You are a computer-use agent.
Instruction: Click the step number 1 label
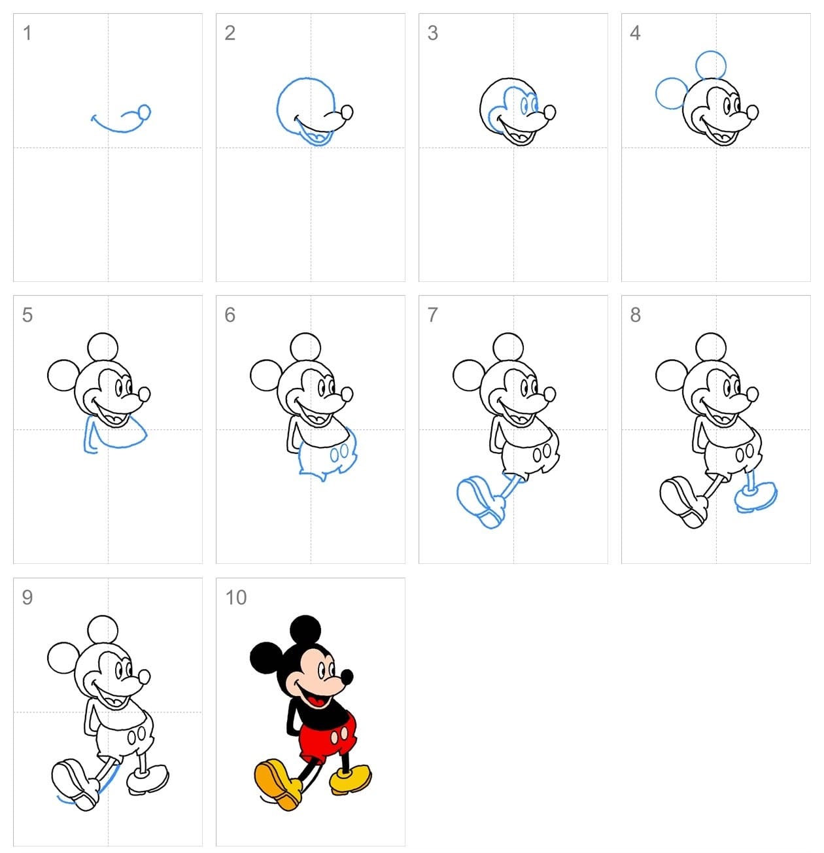point(27,33)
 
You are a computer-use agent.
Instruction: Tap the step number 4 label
point(635,33)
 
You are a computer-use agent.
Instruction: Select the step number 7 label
point(432,315)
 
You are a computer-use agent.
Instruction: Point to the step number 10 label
point(235,597)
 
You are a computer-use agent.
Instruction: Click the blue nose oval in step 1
point(145,113)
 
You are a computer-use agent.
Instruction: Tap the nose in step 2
point(347,113)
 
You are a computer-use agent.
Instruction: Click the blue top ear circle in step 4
point(711,65)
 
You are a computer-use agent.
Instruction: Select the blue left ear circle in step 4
point(671,93)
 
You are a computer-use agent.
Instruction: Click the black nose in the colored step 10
point(347,676)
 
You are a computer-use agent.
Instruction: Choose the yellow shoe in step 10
point(351,778)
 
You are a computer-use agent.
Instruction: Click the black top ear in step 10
point(305,629)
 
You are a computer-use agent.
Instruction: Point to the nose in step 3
point(550,113)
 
